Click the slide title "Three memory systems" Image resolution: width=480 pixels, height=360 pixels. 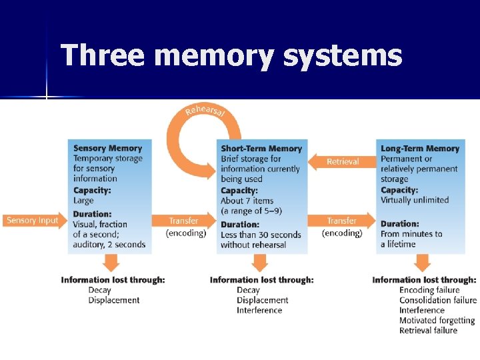(231, 55)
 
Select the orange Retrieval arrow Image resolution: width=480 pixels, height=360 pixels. (342, 161)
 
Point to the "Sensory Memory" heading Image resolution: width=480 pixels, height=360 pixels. (107, 148)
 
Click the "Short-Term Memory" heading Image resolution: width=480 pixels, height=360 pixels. (261, 149)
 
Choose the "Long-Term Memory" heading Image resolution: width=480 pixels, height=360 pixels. (420, 149)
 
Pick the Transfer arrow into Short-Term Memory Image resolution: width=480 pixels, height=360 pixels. (185, 221)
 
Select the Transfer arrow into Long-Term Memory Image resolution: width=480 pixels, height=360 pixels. (342, 221)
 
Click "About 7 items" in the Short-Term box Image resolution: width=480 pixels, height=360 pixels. (247, 201)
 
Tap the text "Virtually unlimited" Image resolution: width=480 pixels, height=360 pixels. (415, 200)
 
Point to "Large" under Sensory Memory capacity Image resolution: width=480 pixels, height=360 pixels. (83, 200)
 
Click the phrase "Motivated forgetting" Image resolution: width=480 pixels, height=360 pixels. (437, 321)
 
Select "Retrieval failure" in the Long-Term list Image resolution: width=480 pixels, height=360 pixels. (428, 331)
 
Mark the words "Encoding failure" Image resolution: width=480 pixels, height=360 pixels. (429, 290)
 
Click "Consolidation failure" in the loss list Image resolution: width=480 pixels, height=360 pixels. (438, 300)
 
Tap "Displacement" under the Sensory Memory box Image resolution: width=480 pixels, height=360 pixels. (114, 300)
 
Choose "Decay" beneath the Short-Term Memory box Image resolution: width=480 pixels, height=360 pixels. (248, 290)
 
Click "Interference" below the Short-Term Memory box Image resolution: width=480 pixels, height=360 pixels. (259, 310)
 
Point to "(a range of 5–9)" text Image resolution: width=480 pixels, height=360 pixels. (251, 211)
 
